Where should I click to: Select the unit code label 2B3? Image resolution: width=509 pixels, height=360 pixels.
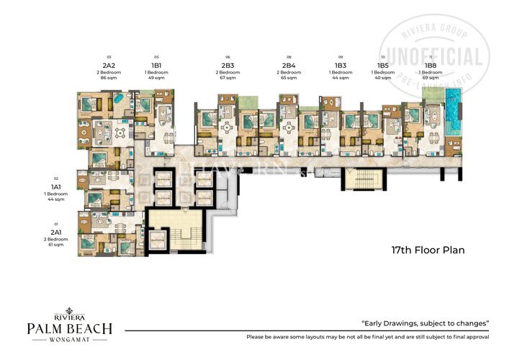click(228, 64)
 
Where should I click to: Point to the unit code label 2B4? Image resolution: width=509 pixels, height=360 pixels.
click(289, 64)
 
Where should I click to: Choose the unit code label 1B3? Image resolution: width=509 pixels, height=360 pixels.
click(341, 64)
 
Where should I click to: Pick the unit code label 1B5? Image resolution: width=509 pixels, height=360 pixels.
click(382, 64)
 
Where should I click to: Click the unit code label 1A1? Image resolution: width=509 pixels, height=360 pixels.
click(55, 186)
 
